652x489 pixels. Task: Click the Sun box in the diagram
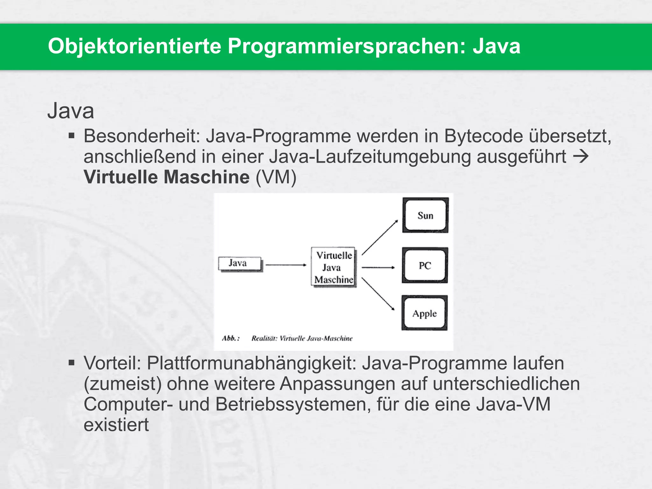[425, 215]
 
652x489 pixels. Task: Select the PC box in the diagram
[425, 265]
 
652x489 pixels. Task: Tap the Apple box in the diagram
[424, 313]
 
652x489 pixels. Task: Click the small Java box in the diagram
[240, 264]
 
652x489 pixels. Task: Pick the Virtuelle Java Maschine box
[333, 267]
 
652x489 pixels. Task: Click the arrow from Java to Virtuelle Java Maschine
[286, 265]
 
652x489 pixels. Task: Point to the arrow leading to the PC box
[378, 267]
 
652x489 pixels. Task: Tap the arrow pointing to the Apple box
[378, 294]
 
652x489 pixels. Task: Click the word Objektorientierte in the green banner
[134, 46]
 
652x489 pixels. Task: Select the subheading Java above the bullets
[71, 111]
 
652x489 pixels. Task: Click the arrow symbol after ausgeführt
[581, 157]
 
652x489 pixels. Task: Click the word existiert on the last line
[116, 425]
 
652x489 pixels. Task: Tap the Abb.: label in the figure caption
[230, 338]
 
